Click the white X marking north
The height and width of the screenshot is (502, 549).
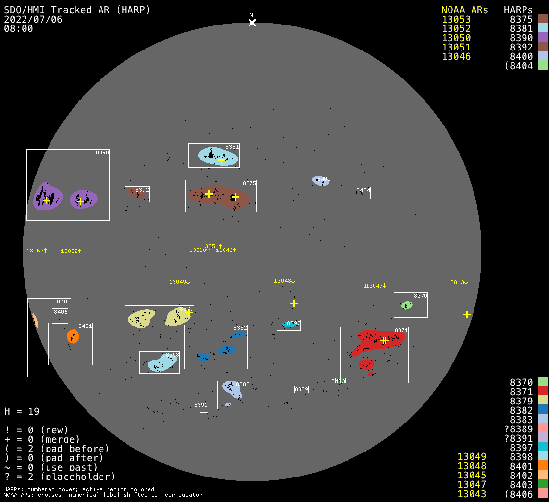pyautogui.click(x=252, y=23)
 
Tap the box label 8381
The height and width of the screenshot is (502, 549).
pyautogui.click(x=232, y=147)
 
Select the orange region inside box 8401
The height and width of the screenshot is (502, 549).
pyautogui.click(x=73, y=336)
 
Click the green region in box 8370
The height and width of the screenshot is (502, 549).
pyautogui.click(x=407, y=305)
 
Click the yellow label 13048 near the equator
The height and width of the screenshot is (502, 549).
pyautogui.click(x=284, y=281)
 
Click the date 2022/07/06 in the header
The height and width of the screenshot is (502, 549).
pyautogui.click(x=33, y=19)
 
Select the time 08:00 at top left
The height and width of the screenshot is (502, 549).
pyautogui.click(x=19, y=28)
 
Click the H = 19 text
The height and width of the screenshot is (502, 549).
pyautogui.click(x=22, y=411)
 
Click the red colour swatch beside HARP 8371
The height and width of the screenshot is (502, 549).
pyautogui.click(x=543, y=391)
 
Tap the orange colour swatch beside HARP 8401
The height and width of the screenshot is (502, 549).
pyautogui.click(x=543, y=466)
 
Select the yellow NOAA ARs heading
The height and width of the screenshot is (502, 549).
pyautogui.click(x=464, y=10)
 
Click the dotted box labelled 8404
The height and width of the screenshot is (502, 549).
pyautogui.click(x=360, y=193)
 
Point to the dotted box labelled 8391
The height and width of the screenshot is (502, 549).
pyautogui.click(x=196, y=407)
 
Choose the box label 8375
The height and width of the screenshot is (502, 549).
pyautogui.click(x=250, y=183)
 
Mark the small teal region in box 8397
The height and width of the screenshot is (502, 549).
pyautogui.click(x=290, y=325)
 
